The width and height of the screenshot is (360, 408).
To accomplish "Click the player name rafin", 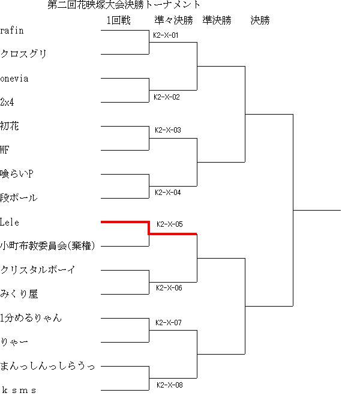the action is tap(12, 31).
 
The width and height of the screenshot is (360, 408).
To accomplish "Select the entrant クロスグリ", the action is tap(23, 54).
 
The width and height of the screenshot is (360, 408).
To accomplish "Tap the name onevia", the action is tap(14, 79).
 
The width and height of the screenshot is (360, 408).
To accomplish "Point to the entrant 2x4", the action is tap(7, 102).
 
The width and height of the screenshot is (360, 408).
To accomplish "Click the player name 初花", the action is tap(10, 126).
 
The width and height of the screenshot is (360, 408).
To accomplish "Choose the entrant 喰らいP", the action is tap(17, 174).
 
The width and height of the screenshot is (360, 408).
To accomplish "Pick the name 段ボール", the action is tap(19, 198).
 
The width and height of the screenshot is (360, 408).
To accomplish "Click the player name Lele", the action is tap(10, 222).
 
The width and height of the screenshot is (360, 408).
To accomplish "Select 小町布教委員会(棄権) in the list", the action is tap(47, 245).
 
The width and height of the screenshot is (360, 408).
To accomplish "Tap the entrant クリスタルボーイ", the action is tap(38, 269).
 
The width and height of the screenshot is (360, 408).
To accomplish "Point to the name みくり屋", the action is tap(19, 294).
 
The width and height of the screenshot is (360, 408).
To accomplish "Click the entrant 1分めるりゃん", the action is tap(31, 318).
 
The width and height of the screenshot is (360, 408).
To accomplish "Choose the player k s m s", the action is tap(19, 390).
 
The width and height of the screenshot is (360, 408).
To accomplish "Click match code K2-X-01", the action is tap(166, 35).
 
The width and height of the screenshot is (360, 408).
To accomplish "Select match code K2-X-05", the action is tap(170, 224).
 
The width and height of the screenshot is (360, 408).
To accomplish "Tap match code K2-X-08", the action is tap(170, 385).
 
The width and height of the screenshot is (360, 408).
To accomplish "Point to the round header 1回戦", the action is tap(119, 20).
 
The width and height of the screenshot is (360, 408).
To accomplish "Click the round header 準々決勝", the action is tap(174, 20).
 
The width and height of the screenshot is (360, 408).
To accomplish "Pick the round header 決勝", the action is tap(260, 20).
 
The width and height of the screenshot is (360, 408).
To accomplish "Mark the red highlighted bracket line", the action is tap(149, 228).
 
